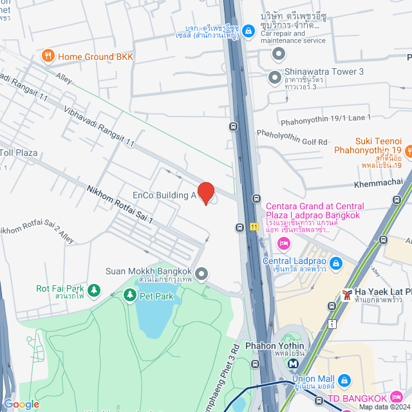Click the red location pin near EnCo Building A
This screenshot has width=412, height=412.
(205, 192)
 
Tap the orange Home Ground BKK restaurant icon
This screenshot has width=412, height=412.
(47, 57)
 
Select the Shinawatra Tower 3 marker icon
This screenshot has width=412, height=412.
(275, 77)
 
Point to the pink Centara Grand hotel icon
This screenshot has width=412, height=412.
(282, 243)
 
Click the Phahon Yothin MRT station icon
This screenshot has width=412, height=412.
(294, 363)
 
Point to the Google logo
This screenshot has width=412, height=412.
(21, 404)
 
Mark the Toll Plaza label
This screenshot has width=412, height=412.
(19, 153)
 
